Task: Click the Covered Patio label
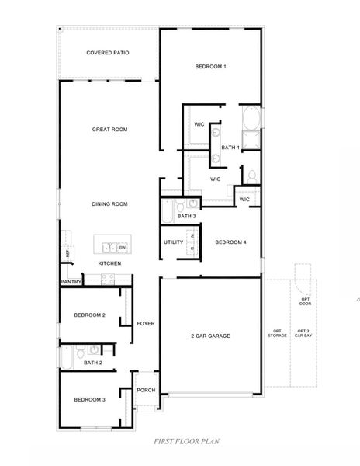pos(108,53)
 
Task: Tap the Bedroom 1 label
pos(209,67)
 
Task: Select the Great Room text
pos(109,130)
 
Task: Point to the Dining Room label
pos(109,204)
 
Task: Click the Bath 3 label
pos(187,216)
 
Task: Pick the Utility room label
pos(173,242)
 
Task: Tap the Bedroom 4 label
pos(230,242)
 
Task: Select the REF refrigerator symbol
pos(67,253)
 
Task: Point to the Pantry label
pos(71,282)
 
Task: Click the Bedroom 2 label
pos(90,315)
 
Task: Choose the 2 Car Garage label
pos(210,336)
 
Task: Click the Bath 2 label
pos(92,362)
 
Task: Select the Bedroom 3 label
pos(89,399)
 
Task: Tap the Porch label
pos(146,391)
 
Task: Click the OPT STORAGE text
pos(278,335)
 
